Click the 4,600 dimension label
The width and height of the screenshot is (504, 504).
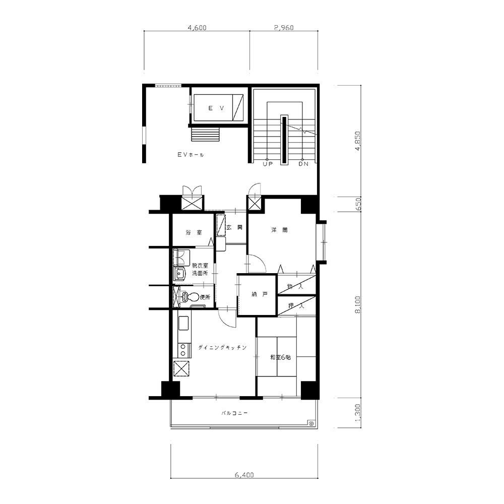point(197,28)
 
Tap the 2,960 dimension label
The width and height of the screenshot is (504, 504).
point(284,28)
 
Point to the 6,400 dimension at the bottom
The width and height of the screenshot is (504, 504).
point(244,475)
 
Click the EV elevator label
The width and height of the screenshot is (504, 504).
point(216,108)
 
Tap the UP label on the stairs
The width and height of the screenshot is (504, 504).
point(268,164)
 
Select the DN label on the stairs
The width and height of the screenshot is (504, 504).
point(303,164)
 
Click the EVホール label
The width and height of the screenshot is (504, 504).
point(191,155)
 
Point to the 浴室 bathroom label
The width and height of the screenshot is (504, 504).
point(194,232)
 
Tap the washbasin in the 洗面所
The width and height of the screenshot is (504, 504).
point(179,274)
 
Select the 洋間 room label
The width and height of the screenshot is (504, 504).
point(279,230)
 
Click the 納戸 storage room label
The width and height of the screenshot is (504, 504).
point(260,294)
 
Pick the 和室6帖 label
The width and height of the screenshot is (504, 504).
point(281,357)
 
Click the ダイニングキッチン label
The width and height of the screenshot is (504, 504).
point(222,347)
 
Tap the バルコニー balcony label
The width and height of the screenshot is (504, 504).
point(235,413)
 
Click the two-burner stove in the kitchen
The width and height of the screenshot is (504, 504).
point(182,350)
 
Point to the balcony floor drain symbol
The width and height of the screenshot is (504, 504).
point(311,423)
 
